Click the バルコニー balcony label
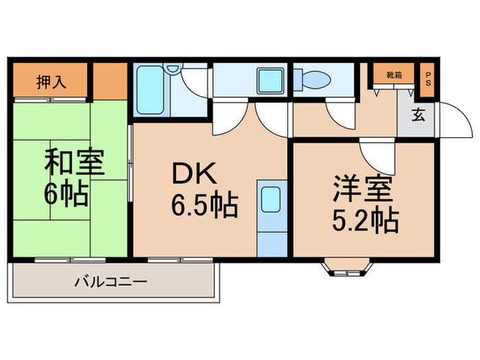(x=110, y=282)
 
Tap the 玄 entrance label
(x=417, y=115)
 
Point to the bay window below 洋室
(x=347, y=267)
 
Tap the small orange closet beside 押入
(x=110, y=81)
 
